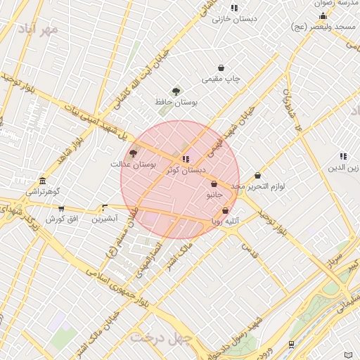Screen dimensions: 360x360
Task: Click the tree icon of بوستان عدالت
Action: pos(133,153)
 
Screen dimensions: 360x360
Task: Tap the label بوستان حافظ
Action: pos(176,103)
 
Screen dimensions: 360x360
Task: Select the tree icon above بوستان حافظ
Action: pos(176,91)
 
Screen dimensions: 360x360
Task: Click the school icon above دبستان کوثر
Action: pos(186,159)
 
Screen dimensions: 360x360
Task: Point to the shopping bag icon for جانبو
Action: pos(214,184)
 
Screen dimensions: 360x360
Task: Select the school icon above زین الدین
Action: pos(343,156)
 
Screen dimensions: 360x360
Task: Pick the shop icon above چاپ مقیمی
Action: pos(221,68)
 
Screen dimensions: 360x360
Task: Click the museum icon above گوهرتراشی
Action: pos(43,180)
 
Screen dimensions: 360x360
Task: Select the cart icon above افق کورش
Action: pos(61,209)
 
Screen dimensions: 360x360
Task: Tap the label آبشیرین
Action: pos(105,219)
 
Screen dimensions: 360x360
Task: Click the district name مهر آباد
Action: pos(39,30)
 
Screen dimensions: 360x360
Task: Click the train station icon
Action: pos(291,344)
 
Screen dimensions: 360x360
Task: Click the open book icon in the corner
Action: pos(349,354)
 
